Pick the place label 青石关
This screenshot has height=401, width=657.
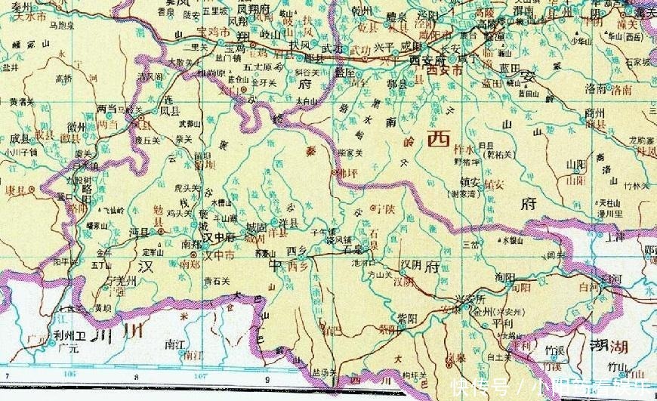pos(216,280)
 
